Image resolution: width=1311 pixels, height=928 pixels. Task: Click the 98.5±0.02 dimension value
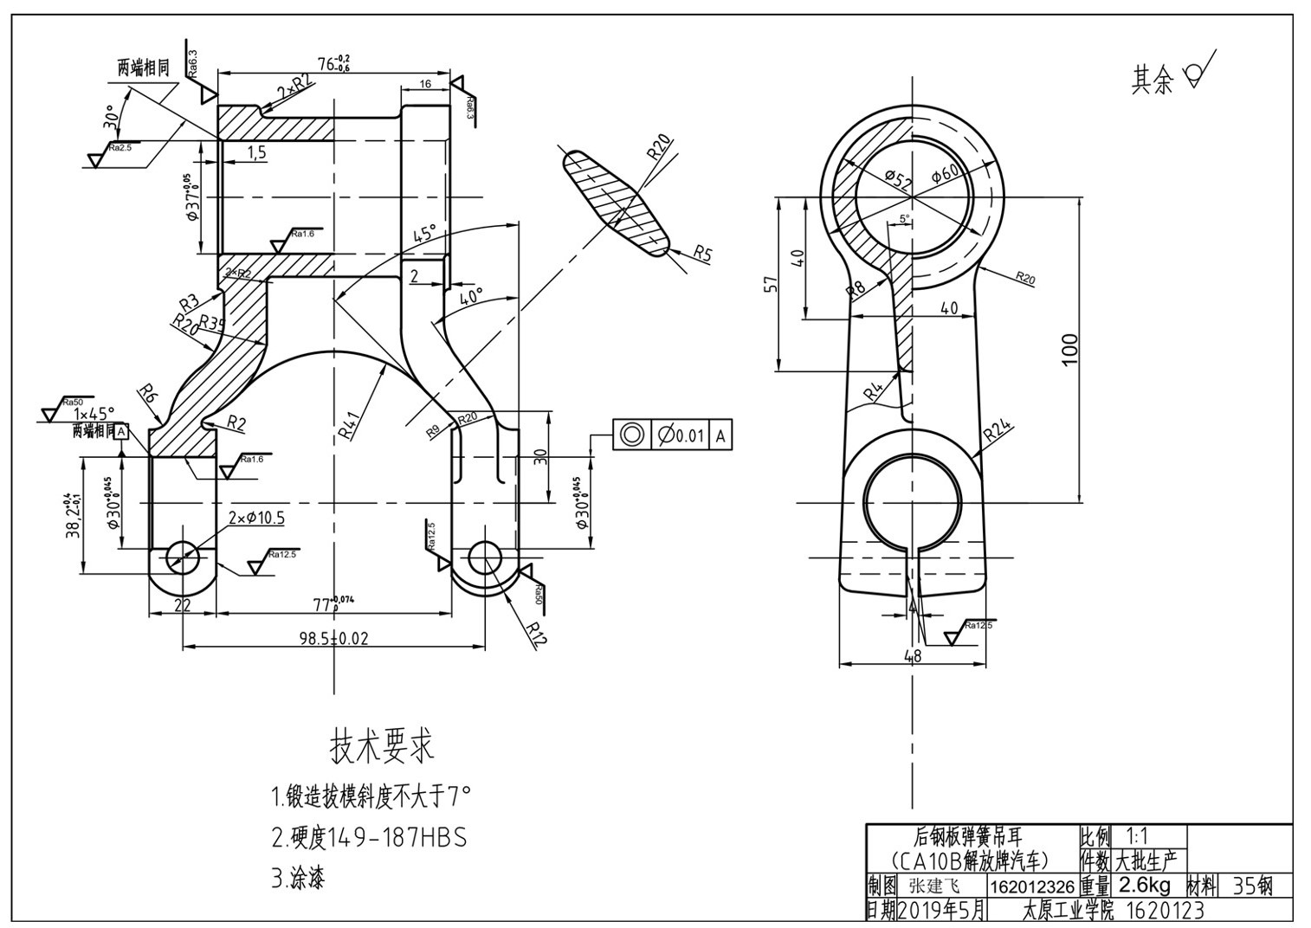click(333, 638)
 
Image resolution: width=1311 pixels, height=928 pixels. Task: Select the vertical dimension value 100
click(1070, 349)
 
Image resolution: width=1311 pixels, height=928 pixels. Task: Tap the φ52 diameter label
click(899, 180)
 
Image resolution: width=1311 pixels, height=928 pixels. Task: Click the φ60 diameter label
click(945, 172)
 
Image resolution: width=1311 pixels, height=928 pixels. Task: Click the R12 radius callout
click(538, 635)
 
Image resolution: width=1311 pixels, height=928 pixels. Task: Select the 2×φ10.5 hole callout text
click(256, 518)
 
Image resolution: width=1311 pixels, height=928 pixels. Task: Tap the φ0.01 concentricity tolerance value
click(681, 435)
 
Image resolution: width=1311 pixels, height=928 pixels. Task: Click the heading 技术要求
click(381, 744)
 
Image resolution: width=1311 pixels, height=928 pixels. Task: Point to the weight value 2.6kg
click(1144, 886)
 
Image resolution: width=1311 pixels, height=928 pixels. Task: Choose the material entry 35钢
click(1252, 886)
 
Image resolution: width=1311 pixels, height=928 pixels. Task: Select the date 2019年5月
click(942, 910)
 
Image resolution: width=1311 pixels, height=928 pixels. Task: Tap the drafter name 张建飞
click(934, 886)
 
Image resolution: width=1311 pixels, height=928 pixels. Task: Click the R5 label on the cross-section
click(702, 254)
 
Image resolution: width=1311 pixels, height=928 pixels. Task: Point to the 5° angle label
click(905, 219)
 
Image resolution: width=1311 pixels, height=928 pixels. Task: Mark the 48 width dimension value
click(913, 656)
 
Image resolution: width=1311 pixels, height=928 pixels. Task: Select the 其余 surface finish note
click(1152, 81)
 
